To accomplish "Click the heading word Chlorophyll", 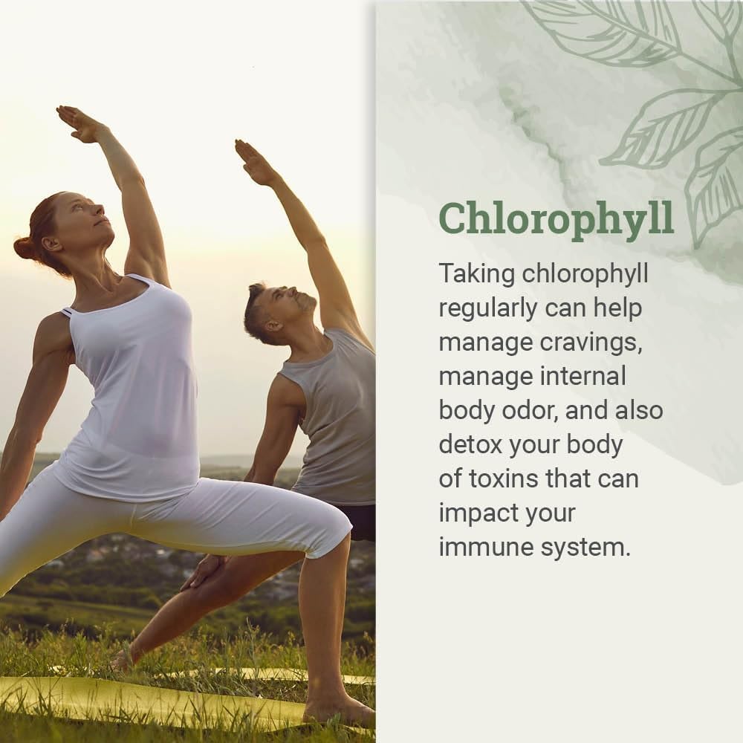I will pyautogui.click(x=556, y=217).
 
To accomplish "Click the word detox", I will pyautogui.click(x=470, y=444).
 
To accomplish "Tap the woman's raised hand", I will pyautogui.click(x=79, y=123).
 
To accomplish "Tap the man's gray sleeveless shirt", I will pyautogui.click(x=334, y=416).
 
